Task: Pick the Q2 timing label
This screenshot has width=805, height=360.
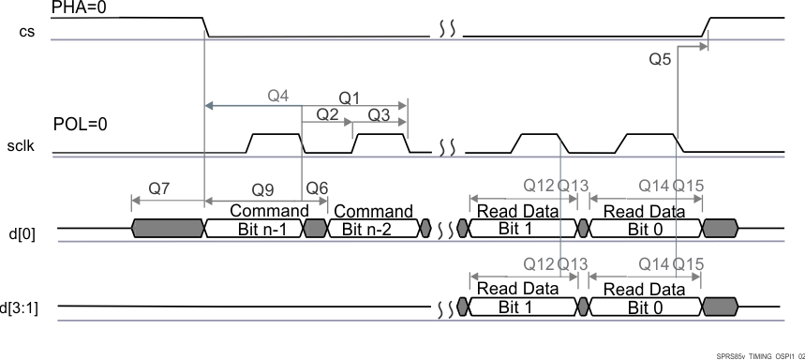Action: pos(327,114)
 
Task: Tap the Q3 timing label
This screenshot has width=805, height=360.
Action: pos(379,114)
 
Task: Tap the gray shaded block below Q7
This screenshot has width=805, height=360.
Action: pos(168,228)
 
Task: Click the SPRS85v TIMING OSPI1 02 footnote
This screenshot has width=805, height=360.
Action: pos(759,356)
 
